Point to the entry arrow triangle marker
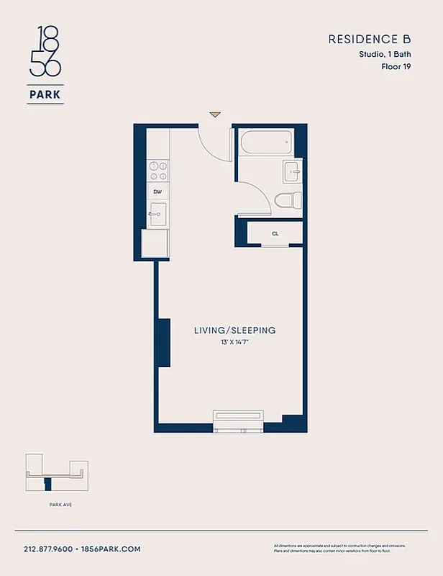point(214,114)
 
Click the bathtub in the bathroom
point(266,142)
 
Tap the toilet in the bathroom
point(289,200)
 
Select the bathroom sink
point(291,171)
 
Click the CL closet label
point(275,234)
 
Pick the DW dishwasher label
point(157,192)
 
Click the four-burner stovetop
point(157,171)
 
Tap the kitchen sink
point(157,214)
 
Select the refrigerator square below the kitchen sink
point(156,243)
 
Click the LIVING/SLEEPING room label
point(234,330)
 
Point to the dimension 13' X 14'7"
point(234,342)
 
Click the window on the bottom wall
point(239,420)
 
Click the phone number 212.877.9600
point(48,549)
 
